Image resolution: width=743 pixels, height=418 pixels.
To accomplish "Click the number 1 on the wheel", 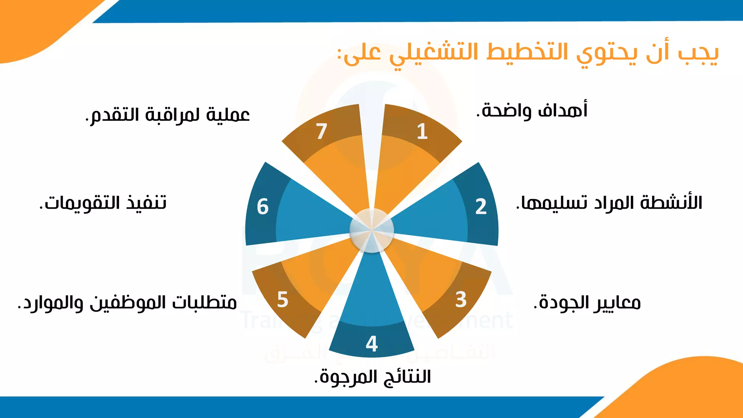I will (x=422, y=131).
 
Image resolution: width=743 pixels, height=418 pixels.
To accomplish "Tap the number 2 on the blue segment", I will (x=481, y=206).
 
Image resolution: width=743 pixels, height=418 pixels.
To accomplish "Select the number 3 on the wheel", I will (x=461, y=300).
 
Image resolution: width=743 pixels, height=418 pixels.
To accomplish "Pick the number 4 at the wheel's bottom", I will (x=372, y=344).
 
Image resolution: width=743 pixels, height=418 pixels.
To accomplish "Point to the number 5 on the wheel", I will (x=283, y=300).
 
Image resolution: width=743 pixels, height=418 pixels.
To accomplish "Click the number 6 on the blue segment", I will (x=263, y=206).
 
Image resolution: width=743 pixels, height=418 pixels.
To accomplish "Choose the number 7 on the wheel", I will (x=321, y=131).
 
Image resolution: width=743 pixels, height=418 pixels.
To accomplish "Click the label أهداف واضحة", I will (x=532, y=110).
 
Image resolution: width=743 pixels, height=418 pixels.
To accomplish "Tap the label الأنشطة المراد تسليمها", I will (x=609, y=202).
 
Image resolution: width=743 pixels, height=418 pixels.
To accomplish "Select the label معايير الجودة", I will (x=587, y=303).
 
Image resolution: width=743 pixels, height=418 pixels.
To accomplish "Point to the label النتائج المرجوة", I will (x=373, y=377).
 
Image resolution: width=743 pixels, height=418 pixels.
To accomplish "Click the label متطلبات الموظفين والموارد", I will (x=127, y=303).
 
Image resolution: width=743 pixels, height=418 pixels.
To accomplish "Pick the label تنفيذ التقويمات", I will (x=103, y=202).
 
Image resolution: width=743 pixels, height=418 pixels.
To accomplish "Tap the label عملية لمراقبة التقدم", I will (x=168, y=115).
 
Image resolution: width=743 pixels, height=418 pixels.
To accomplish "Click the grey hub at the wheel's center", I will (x=372, y=230).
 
